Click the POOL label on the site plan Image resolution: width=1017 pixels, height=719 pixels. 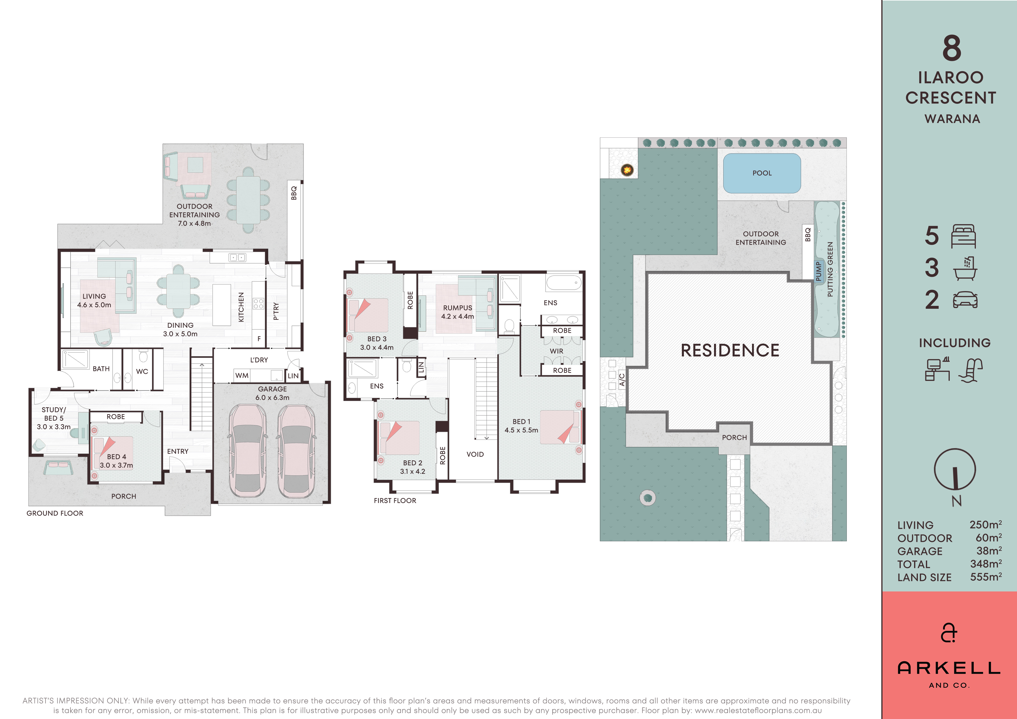[x=762, y=173]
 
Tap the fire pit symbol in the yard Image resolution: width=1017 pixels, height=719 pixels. [x=627, y=169]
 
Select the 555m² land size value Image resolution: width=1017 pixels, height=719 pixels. [x=986, y=577]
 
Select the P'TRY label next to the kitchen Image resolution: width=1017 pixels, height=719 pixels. [x=276, y=311]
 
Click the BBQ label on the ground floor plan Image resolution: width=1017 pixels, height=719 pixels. [x=294, y=193]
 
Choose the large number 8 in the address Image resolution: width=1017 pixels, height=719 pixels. [x=952, y=48]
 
